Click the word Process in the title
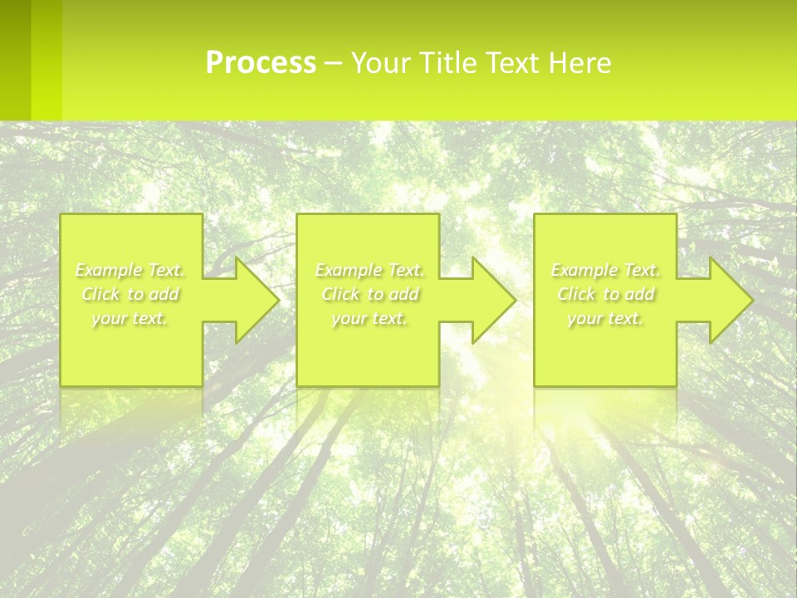[261, 63]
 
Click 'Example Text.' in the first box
[130, 270]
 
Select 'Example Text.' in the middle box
[369, 270]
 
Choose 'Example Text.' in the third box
[605, 270]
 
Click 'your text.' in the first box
[130, 318]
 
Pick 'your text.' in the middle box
[369, 318]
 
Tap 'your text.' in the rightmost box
[605, 318]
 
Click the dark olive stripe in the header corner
[15, 60]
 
